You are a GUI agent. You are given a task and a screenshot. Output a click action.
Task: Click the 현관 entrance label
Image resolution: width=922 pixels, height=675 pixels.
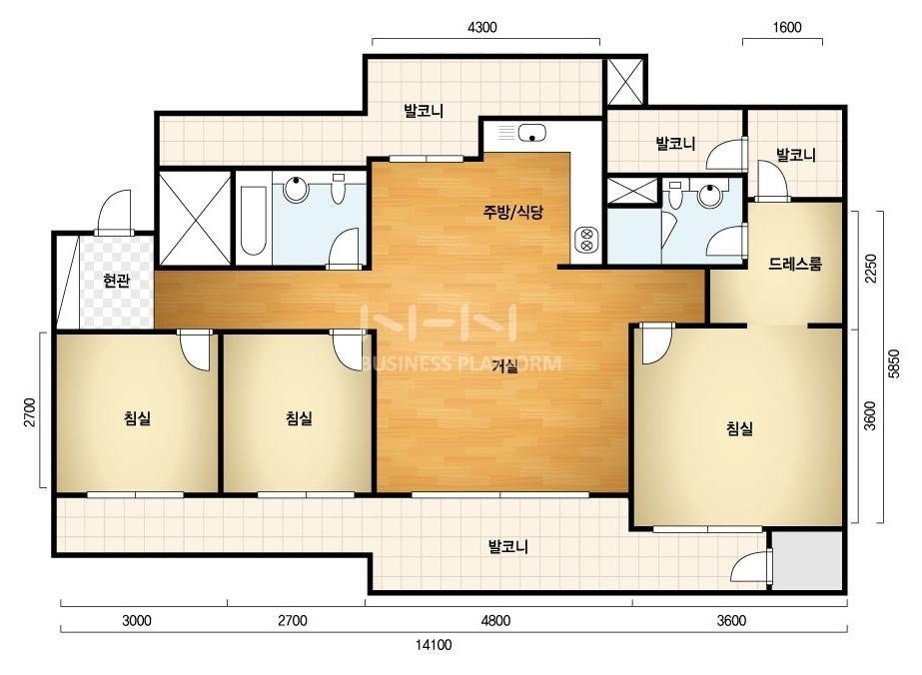116,281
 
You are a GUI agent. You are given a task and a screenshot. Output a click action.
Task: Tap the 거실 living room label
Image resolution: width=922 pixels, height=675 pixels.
504,366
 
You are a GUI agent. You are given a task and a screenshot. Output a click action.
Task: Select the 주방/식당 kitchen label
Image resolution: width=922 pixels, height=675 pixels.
512,212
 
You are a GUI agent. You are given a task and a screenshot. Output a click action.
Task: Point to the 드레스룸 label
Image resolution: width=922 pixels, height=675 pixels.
794,264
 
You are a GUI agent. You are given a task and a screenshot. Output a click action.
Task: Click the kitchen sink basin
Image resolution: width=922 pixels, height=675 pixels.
531,133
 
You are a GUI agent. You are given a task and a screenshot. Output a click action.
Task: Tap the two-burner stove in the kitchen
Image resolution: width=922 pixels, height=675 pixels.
585,240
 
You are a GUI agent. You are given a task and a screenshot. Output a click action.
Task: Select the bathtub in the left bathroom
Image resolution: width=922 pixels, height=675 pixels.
254,221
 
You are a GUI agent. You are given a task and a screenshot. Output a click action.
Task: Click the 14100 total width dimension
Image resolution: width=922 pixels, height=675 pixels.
434,645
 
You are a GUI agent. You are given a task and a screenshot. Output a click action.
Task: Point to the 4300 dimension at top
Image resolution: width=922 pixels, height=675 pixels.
481,28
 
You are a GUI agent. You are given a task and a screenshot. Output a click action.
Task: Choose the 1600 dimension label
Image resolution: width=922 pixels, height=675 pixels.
787,28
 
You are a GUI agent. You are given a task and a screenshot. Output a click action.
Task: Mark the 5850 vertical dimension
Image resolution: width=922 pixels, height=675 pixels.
894,363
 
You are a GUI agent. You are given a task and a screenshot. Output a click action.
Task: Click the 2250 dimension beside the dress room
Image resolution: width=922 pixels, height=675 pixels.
870,269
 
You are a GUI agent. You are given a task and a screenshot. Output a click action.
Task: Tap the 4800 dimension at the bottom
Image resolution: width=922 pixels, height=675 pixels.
495,621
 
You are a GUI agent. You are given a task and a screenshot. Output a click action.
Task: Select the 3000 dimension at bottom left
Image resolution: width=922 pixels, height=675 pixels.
137,621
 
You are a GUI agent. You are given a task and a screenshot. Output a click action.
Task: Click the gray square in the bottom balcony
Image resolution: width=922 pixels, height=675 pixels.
807,560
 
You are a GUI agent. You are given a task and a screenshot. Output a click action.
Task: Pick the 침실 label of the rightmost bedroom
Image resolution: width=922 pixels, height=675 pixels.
739,428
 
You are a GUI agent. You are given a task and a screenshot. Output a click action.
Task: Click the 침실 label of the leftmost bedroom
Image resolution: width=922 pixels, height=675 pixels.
137,418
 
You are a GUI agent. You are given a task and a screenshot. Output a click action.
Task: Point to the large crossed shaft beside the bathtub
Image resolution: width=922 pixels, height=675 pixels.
195,218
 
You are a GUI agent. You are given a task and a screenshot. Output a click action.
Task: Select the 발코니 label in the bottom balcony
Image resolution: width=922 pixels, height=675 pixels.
508,547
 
